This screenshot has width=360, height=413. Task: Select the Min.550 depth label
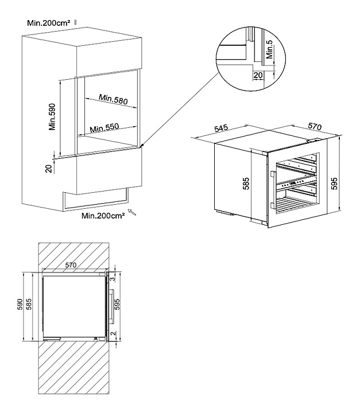coord(104,128)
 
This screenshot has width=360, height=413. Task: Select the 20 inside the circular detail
coord(258,75)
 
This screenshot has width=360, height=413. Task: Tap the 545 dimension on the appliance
coord(222,128)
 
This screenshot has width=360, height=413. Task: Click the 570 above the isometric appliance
coord(315,124)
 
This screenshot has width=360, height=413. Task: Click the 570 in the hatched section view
coord(71,265)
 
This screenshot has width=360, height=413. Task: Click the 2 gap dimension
coord(114,333)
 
